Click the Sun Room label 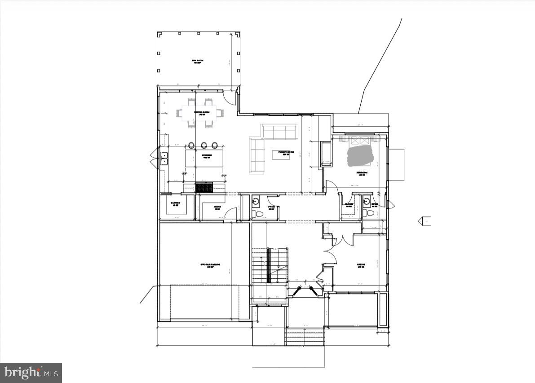pos(197,62)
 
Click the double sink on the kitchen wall pos(164,158)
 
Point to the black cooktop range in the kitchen pos(204,188)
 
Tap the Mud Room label pos(217,207)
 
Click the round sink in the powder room pos(256,201)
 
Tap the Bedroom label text pos(362,173)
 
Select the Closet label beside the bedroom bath pos(349,205)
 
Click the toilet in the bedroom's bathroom pos(370,212)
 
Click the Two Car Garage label pos(210,266)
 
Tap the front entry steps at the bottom pos(305,336)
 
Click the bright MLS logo pos(31,372)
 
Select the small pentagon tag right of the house pos(424,221)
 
